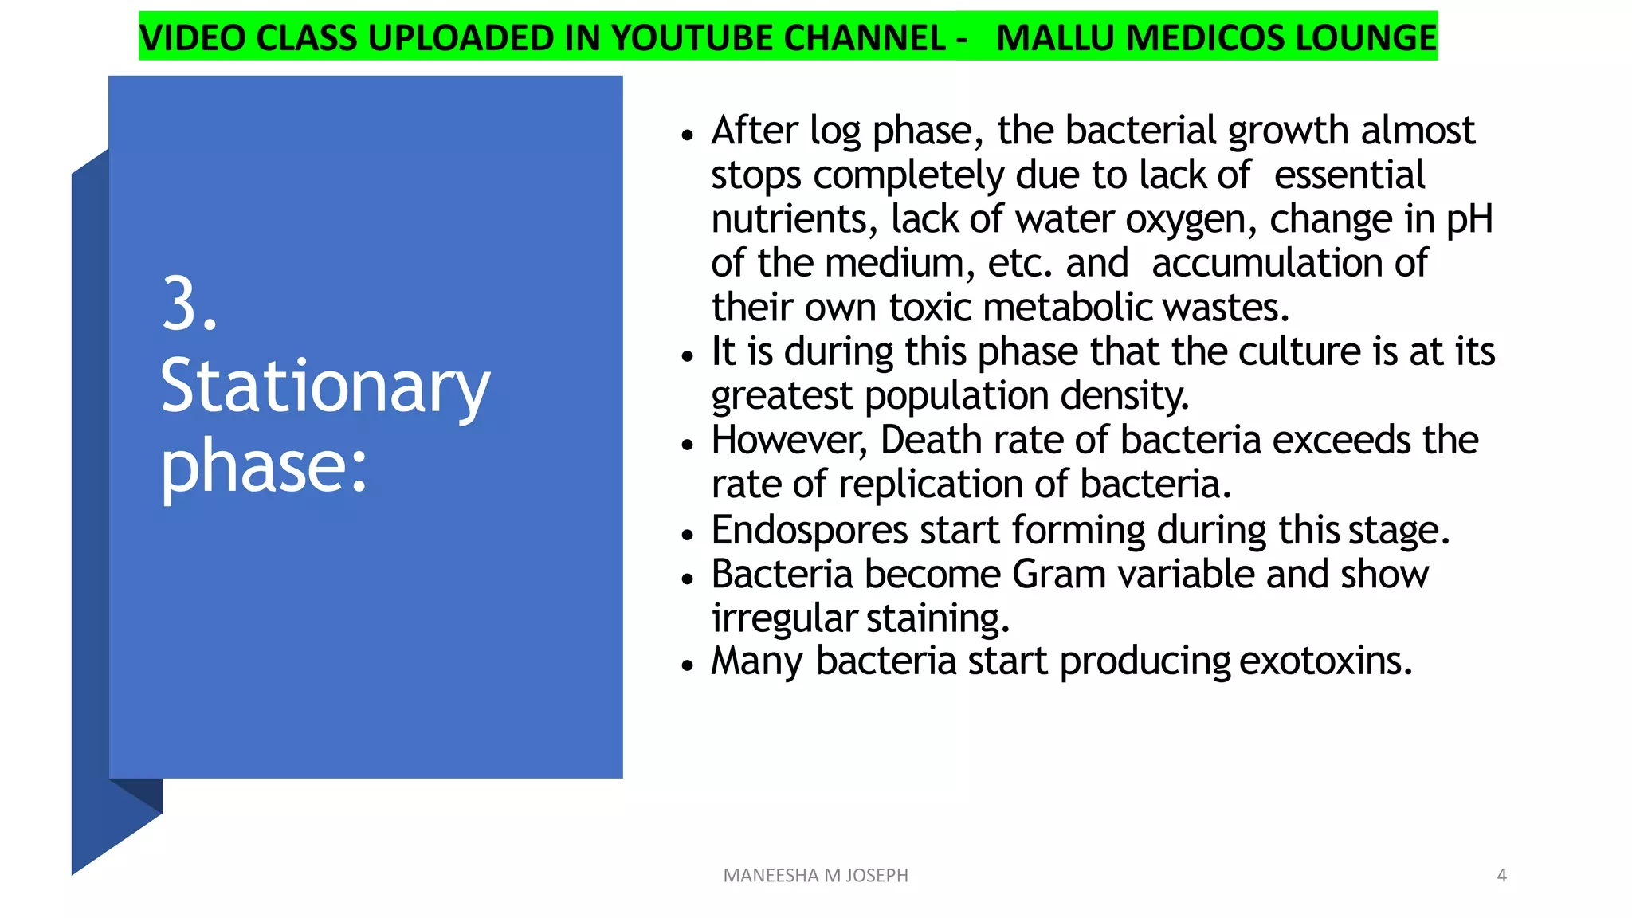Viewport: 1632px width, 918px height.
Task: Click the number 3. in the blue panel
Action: [x=189, y=304]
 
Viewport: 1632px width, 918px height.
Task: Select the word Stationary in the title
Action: [x=324, y=388]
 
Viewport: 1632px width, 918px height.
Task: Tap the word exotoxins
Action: [x=1326, y=661]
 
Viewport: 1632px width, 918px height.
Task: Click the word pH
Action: [x=1469, y=220]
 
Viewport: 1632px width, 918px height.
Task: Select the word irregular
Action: [x=784, y=619]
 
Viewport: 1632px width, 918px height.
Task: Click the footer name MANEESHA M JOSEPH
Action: [x=815, y=876]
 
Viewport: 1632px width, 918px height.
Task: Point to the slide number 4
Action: [x=1501, y=876]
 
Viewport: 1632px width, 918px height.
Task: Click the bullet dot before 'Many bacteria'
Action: [x=688, y=665]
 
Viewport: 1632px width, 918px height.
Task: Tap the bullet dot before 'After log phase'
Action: [x=688, y=135]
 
